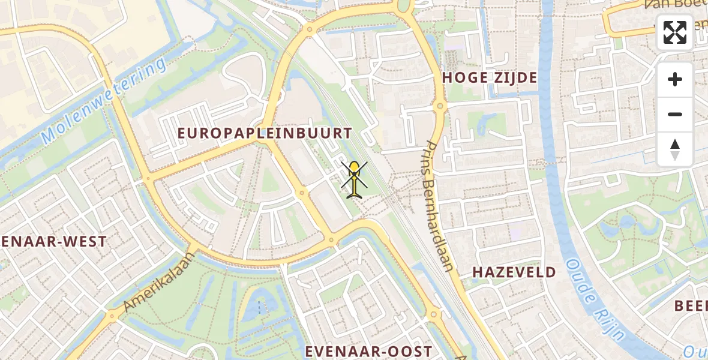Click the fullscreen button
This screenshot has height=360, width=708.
pos(675,32)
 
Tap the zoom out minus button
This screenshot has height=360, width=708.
pos(675,115)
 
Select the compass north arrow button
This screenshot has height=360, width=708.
pos(675,149)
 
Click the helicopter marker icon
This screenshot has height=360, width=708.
pos(355,178)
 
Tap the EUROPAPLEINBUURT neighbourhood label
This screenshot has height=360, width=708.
pos(265,133)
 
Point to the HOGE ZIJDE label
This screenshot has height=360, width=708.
pos(490,77)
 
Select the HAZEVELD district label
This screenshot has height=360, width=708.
pos(514,272)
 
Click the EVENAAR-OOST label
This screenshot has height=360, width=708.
pos(368,352)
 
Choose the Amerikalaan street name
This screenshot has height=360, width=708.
pos(160,281)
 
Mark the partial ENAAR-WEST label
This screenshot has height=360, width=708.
pos(53,242)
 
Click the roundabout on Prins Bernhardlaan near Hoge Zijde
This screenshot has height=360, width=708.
pos(440,107)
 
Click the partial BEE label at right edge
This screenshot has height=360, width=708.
pos(691,305)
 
